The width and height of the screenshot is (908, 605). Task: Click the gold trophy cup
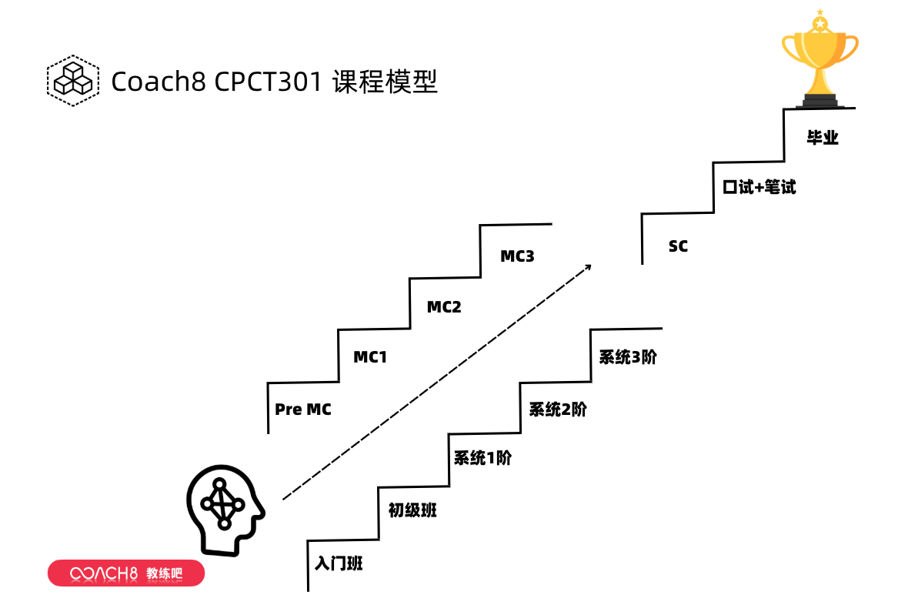[x=820, y=58]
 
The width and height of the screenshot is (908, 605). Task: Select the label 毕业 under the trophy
[x=822, y=139]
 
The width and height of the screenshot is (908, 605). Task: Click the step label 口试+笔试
[x=759, y=187]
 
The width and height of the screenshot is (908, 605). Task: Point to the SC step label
[x=678, y=246]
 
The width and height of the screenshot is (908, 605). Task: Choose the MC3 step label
[x=517, y=256]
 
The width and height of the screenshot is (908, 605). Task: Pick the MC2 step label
[x=444, y=307]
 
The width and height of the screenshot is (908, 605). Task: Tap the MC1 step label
[x=370, y=357]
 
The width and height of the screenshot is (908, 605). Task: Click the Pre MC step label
[x=303, y=409]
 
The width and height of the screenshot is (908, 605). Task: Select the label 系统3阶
[x=628, y=357]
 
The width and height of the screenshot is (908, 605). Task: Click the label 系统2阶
[x=558, y=409]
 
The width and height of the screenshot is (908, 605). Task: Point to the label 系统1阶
[x=482, y=459]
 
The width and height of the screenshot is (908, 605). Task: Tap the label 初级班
[x=412, y=510]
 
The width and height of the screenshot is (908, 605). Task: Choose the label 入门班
[x=339, y=563]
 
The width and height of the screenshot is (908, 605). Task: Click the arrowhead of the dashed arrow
[x=588, y=266]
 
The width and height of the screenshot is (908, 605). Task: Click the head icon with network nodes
[x=224, y=508]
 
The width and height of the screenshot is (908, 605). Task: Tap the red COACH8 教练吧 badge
[x=126, y=573]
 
